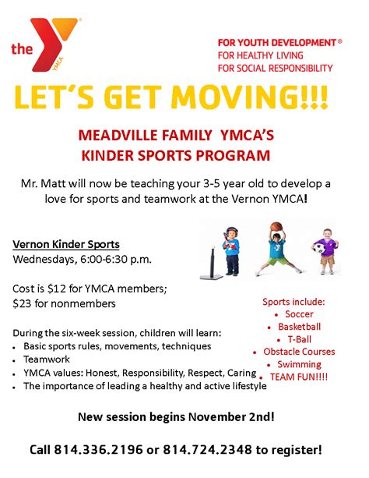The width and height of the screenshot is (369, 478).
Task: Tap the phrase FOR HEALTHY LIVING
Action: coord(260,55)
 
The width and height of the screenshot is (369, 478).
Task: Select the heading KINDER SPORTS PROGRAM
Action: coord(176,155)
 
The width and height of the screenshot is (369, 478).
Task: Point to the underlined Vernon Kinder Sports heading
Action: coord(66,245)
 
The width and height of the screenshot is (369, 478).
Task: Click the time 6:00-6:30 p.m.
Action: coord(116,260)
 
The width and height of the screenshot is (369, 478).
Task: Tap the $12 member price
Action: coord(57,289)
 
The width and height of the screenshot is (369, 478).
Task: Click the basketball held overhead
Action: coord(276,226)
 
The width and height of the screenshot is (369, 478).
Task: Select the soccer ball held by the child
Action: coord(319,249)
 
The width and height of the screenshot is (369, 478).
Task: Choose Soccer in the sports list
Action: coord(299,314)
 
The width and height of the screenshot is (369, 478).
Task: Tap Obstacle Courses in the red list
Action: coord(299,352)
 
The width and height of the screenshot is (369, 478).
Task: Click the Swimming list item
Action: coord(299,365)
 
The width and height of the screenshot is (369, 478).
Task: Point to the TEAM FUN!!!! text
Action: coord(299,377)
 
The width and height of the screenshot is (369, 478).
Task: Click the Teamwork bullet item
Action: coord(47,359)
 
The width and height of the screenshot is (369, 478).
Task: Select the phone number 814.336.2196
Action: coord(98,450)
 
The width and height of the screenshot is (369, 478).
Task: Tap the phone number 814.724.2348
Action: coord(208,450)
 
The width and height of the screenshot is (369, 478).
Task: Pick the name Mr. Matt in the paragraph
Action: coord(43,184)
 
